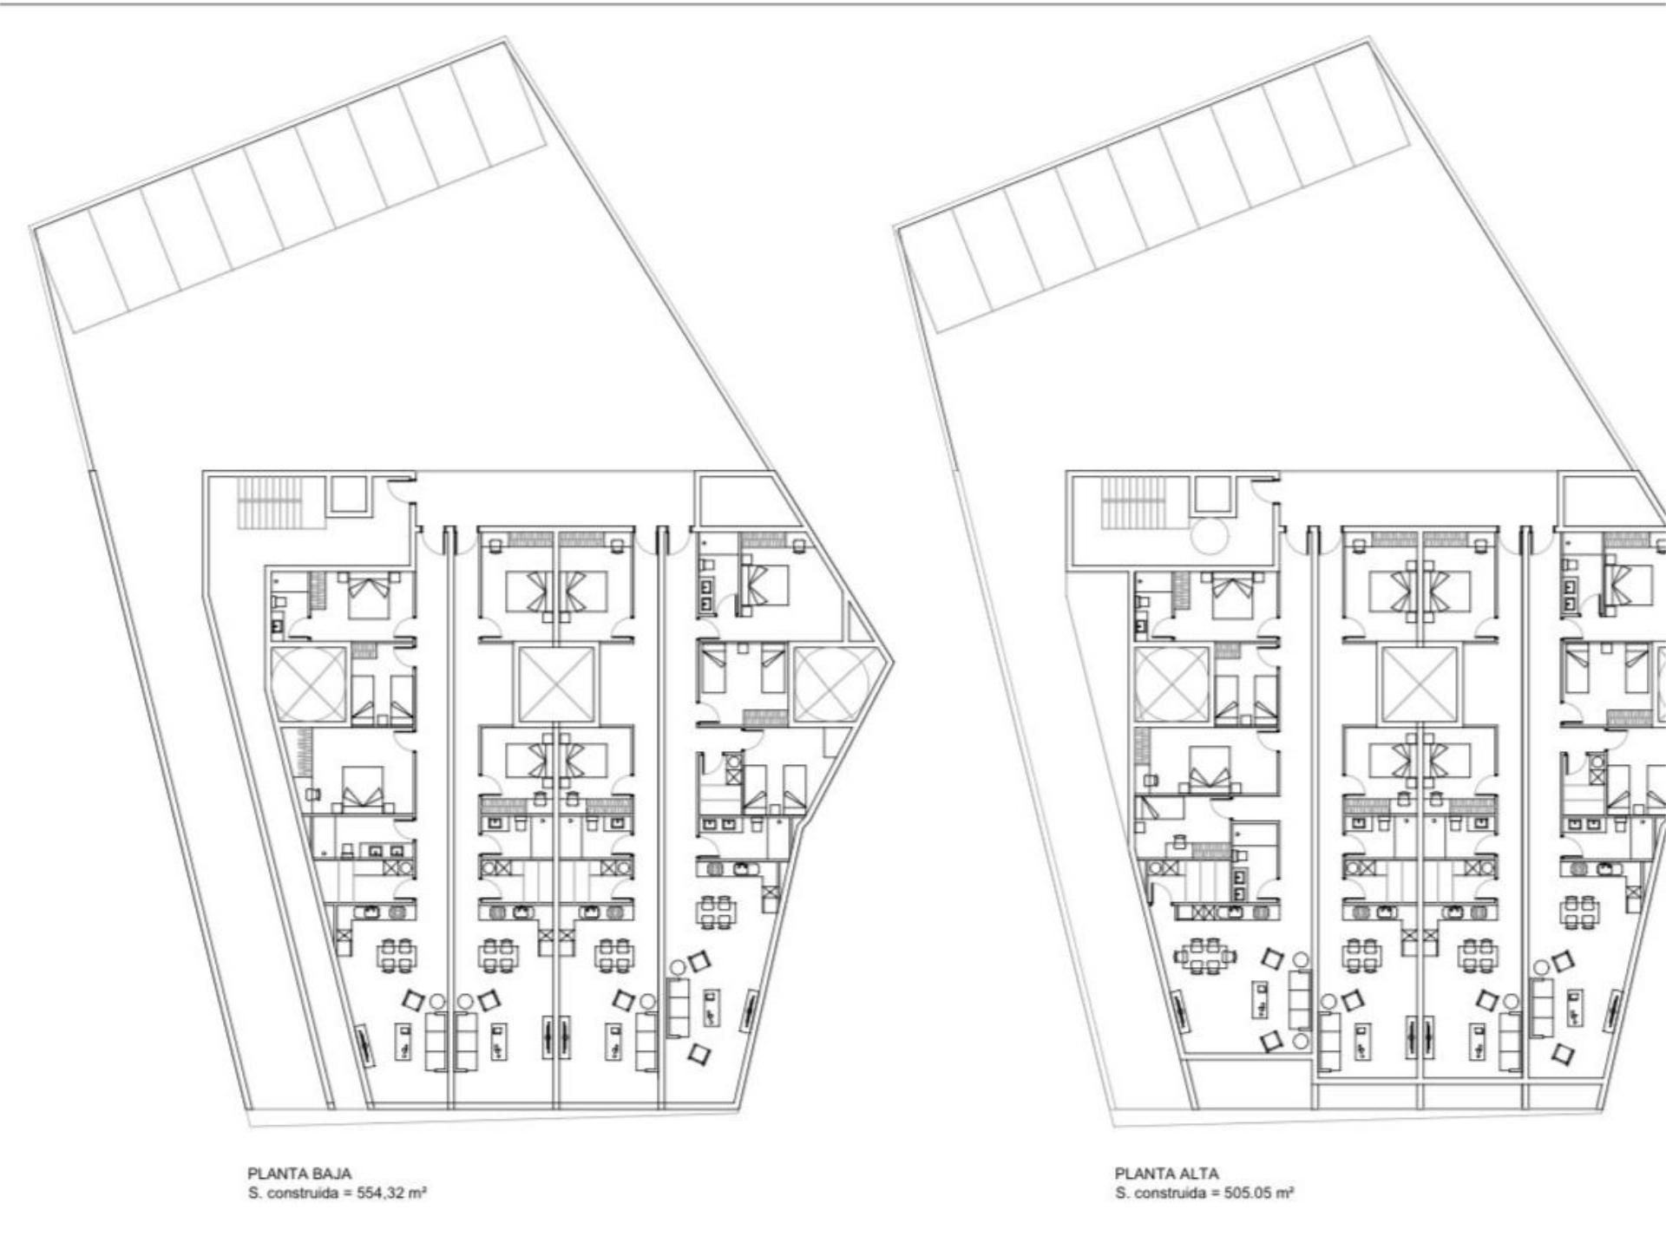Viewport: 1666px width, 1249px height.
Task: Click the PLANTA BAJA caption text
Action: tap(299, 1174)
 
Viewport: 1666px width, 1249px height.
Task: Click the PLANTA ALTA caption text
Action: tap(1166, 1174)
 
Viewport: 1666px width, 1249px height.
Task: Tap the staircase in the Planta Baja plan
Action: tap(270, 500)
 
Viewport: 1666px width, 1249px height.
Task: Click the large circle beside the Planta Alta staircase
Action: tap(1211, 534)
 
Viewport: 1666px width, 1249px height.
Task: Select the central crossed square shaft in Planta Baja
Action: tap(556, 684)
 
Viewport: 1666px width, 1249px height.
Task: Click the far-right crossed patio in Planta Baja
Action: tap(830, 685)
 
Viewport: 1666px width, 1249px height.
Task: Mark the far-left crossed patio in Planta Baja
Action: tap(308, 684)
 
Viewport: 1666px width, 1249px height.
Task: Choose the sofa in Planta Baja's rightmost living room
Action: tap(679, 1006)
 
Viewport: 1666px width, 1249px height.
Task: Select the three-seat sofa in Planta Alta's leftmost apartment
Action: tap(1300, 999)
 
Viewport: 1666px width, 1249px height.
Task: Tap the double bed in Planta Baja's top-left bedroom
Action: tap(370, 594)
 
